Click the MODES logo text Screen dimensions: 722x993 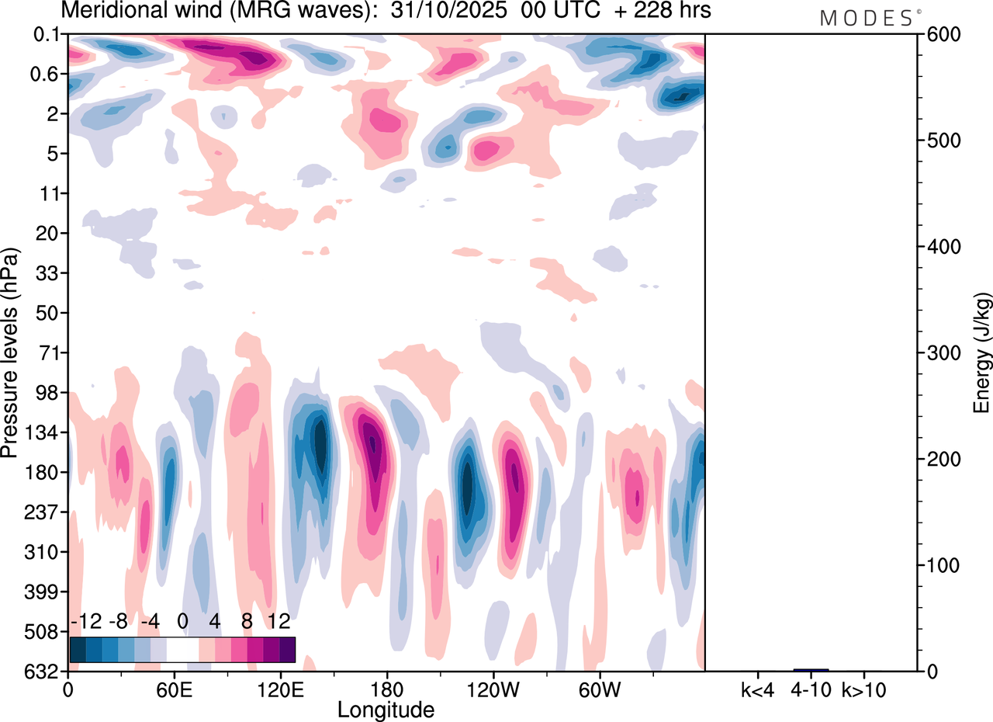867,18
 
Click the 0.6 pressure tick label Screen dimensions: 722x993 47,75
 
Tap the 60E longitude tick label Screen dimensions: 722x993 174,689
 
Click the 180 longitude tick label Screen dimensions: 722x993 386,689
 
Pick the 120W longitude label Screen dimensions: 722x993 492,689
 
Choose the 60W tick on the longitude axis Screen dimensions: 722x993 598,689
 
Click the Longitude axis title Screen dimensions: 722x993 386,709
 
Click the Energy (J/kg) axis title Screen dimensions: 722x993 982,352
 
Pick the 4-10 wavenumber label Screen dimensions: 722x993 811,689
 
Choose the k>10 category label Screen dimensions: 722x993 864,689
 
